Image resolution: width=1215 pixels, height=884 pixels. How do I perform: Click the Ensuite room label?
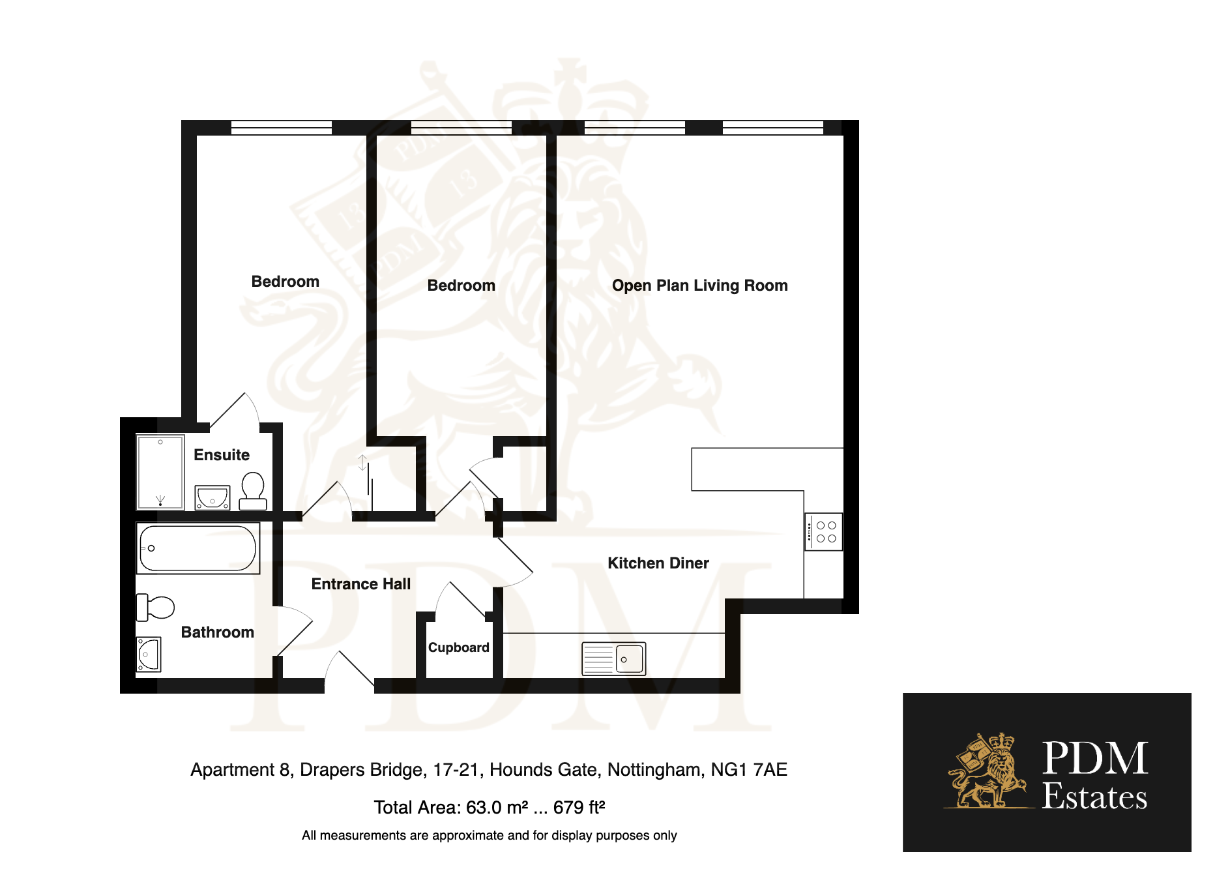(x=222, y=454)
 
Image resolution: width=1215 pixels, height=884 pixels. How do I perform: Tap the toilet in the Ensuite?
(x=253, y=491)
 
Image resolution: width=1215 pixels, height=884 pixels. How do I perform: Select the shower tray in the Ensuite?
(x=160, y=472)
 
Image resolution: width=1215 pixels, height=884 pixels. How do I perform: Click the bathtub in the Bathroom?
(x=198, y=548)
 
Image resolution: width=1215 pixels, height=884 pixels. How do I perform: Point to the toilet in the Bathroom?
(x=155, y=608)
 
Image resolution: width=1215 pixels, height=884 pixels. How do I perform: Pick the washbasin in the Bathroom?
(x=149, y=655)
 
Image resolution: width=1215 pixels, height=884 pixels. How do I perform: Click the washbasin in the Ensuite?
(x=212, y=497)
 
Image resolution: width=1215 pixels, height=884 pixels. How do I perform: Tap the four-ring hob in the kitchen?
(x=824, y=532)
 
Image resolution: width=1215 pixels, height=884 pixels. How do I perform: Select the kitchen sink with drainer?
(x=613, y=658)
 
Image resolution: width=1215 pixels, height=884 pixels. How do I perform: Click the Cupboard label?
(x=458, y=647)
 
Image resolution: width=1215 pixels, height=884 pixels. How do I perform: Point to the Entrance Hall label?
(x=361, y=584)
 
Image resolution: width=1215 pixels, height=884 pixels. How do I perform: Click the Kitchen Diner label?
(x=658, y=563)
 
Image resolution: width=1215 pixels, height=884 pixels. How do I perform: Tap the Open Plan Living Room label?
(x=700, y=286)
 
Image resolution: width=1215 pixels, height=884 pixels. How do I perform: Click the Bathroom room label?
(x=218, y=632)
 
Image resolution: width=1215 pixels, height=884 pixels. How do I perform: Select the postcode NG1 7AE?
(x=749, y=770)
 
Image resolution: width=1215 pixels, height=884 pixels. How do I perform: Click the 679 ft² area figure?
(x=579, y=807)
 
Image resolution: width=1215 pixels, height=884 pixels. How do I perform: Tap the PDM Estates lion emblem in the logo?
(x=987, y=771)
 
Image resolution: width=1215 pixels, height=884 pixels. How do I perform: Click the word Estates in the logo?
(x=1094, y=797)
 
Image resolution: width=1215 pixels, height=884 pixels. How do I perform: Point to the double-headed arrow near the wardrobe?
(x=363, y=462)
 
